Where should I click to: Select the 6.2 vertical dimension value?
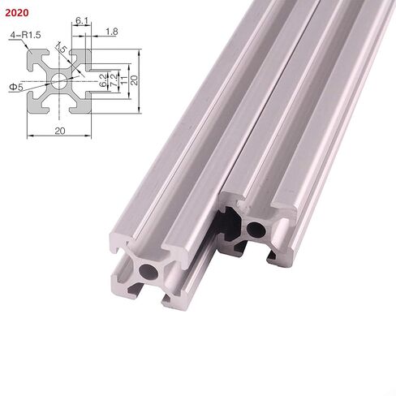click(103, 80)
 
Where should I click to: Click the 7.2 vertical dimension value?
click(114, 80)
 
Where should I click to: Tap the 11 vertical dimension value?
click(124, 80)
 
